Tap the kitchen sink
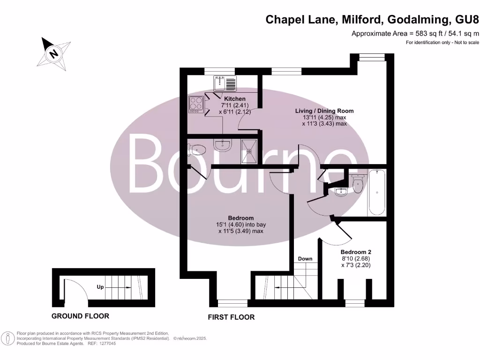point(225,84)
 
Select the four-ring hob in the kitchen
point(196,105)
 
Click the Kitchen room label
point(234,99)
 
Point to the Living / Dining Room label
point(324,111)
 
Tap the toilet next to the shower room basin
point(197,150)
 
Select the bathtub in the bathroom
point(377,192)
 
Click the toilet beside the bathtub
point(358,183)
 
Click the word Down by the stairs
point(305,259)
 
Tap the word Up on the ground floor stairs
point(100,287)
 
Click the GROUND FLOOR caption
point(80,316)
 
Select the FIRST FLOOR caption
point(231,317)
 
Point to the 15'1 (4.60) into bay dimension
point(241,225)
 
